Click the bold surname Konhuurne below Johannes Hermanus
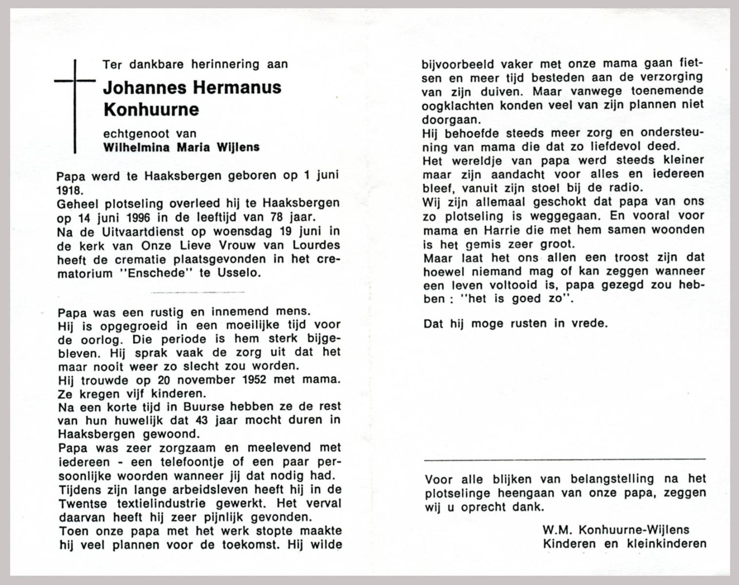pos(151,109)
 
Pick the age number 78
pos(287,216)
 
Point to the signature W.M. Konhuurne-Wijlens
pos(616,530)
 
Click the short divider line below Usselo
pos(198,292)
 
